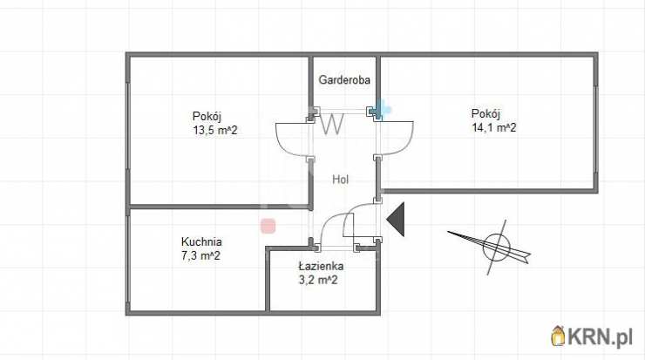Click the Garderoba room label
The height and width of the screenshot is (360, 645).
coord(345,80)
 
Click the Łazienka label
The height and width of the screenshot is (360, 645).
coord(320,266)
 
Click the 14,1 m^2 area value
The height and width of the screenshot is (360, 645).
coord(494,127)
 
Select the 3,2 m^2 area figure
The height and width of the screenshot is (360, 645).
coord(316,280)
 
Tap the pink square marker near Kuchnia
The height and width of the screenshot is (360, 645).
coord(268,226)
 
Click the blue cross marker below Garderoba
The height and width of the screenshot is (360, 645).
coord(381,110)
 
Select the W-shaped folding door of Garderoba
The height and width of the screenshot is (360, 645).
coord(331,124)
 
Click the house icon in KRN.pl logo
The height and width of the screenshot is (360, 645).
coord(559,334)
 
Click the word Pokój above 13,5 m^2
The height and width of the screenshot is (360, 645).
coord(207,117)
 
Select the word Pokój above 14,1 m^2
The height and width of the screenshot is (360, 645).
coord(485,113)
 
